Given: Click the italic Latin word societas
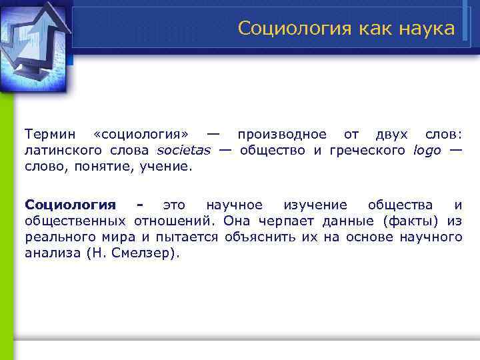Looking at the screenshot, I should [183, 151].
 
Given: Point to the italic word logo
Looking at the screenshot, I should [427, 151].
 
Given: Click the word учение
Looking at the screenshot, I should [165, 167].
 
